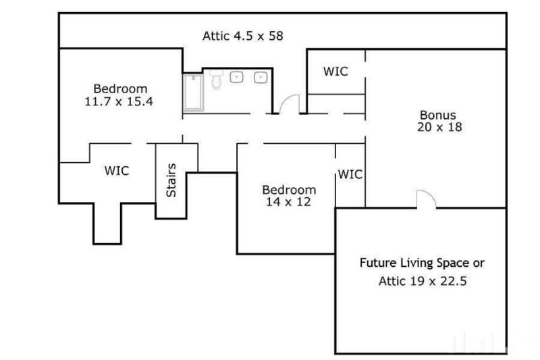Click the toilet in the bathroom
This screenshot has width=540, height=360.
click(216, 80)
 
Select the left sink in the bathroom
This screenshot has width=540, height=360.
click(237, 78)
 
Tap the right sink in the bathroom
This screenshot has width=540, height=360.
click(260, 78)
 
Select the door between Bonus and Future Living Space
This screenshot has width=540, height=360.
click(426, 199)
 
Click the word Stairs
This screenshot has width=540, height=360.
click(171, 180)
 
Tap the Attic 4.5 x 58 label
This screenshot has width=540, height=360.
click(242, 35)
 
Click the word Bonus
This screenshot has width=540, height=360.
click(438, 115)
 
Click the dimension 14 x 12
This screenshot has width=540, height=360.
click(288, 201)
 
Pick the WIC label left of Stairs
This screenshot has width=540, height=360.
click(117, 171)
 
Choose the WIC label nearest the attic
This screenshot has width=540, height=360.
click(335, 71)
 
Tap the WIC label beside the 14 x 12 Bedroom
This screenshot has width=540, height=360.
click(350, 174)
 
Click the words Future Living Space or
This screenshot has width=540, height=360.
click(421, 263)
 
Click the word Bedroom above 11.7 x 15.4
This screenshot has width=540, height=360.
click(120, 88)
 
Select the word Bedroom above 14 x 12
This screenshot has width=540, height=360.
click(289, 189)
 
